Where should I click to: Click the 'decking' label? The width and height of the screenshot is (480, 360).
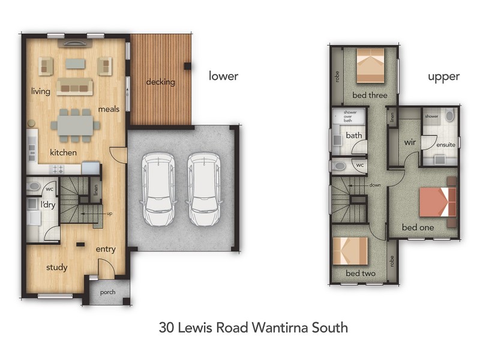tap(160, 82)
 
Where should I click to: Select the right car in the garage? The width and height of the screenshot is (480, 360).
tap(203, 188)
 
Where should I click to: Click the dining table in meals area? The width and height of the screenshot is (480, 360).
tap(76, 125)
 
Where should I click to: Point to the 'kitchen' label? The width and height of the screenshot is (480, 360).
tap(63, 152)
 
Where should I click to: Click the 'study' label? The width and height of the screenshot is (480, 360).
tap(57, 268)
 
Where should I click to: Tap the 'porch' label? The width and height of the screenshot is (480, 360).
tap(108, 292)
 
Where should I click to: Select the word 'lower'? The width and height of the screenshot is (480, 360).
tap(223, 76)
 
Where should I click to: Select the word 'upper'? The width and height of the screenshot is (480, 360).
tap(443, 77)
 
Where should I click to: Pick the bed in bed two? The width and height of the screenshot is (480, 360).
tap(349, 252)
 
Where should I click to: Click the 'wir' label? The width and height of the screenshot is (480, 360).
tap(410, 143)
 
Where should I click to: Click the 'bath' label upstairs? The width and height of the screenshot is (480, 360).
tap(353, 136)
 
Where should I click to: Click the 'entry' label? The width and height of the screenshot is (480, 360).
tap(106, 249)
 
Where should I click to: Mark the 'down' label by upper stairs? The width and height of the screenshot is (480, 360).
tap(375, 185)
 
